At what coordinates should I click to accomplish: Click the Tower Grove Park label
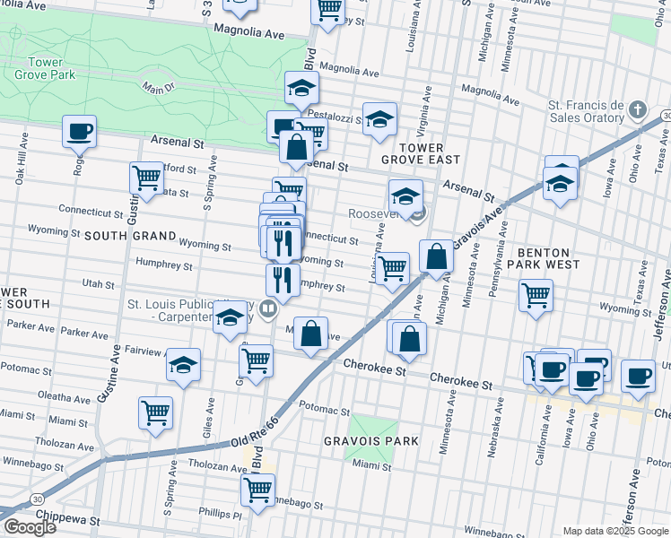(x=39, y=68)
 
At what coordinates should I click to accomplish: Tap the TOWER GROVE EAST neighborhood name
(x=420, y=152)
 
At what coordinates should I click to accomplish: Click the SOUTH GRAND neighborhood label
(x=130, y=235)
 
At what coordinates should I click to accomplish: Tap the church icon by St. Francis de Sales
(x=637, y=110)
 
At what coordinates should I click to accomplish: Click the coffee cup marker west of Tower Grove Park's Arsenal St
(x=79, y=131)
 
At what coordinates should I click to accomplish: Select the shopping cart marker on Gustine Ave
(x=146, y=177)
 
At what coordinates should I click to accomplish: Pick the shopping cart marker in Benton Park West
(x=536, y=294)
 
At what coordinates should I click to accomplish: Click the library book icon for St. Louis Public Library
(x=267, y=310)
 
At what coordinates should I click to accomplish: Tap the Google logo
(x=30, y=526)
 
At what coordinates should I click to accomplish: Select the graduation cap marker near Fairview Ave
(x=184, y=364)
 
